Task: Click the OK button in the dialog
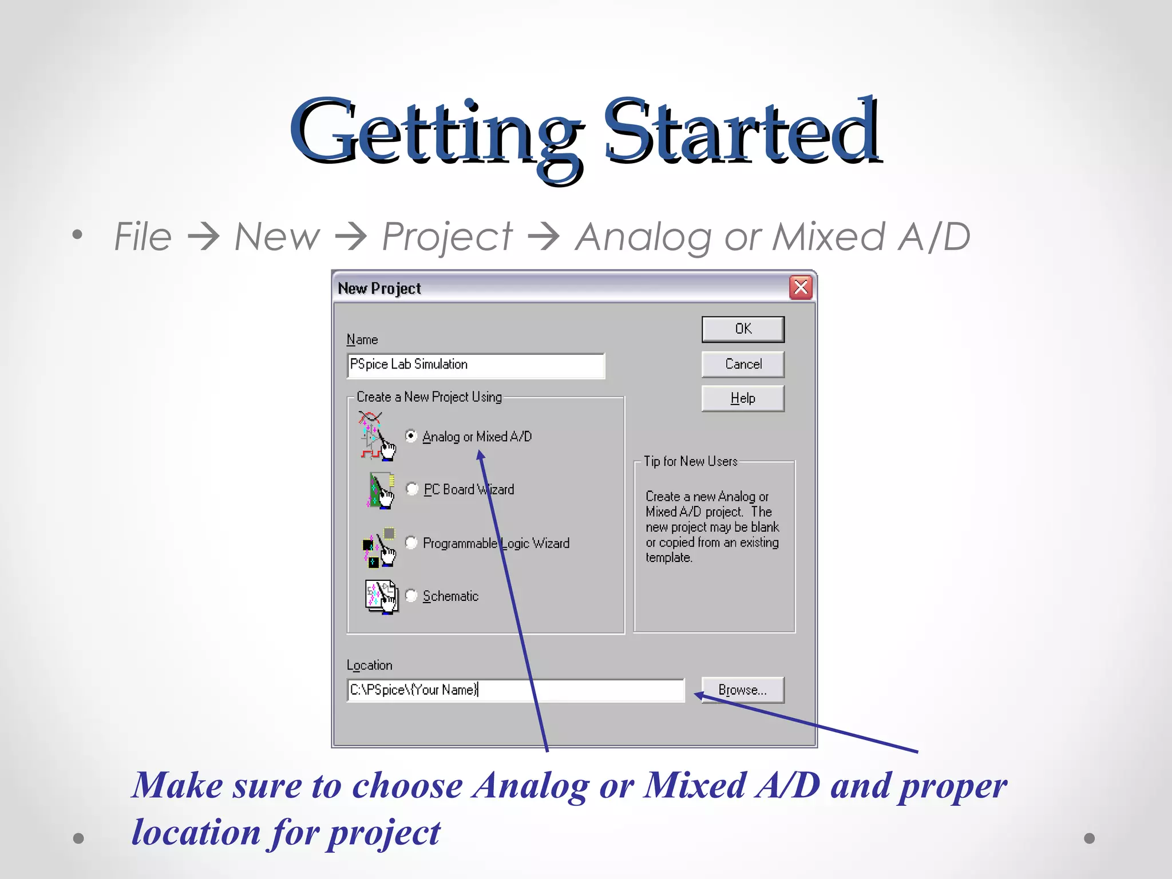[x=743, y=329]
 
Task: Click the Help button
[x=743, y=398]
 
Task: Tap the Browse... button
[x=743, y=690]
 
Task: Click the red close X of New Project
[x=801, y=287]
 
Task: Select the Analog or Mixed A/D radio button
[x=411, y=436]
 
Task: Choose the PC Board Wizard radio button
[x=412, y=489]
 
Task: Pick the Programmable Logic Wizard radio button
[x=411, y=543]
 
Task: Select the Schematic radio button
[x=411, y=596]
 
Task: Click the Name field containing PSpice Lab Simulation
[x=475, y=365]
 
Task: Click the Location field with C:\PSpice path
[x=515, y=690]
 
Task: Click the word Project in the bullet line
[x=447, y=237]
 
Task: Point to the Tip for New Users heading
[x=690, y=461]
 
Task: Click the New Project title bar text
[x=379, y=288]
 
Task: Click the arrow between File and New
[x=203, y=237]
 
